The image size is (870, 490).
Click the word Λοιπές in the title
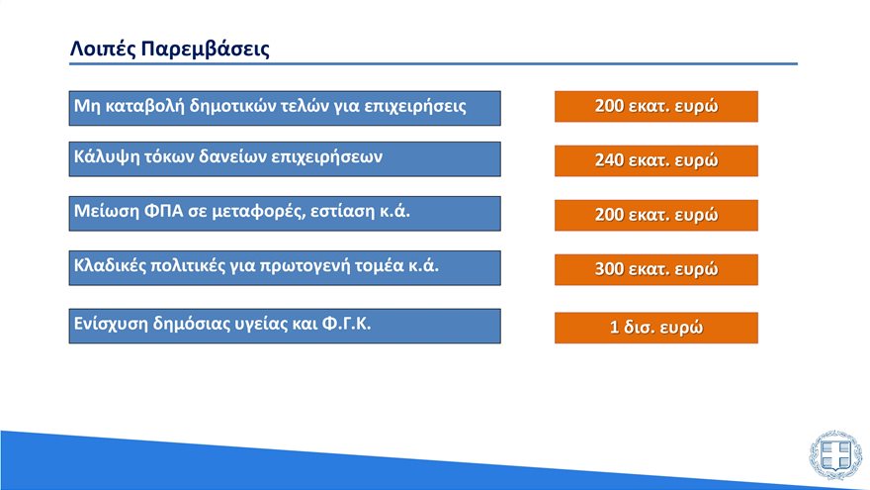(103, 49)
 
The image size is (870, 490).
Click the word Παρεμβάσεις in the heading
(205, 49)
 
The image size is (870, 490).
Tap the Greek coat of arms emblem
(835, 455)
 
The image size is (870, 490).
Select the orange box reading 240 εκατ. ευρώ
(656, 160)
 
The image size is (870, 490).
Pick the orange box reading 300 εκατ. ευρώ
(656, 269)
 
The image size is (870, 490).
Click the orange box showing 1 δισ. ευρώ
(656, 328)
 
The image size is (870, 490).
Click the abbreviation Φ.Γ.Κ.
(347, 324)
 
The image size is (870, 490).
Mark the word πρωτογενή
(305, 266)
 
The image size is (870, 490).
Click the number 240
(609, 160)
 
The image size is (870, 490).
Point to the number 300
(609, 269)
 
